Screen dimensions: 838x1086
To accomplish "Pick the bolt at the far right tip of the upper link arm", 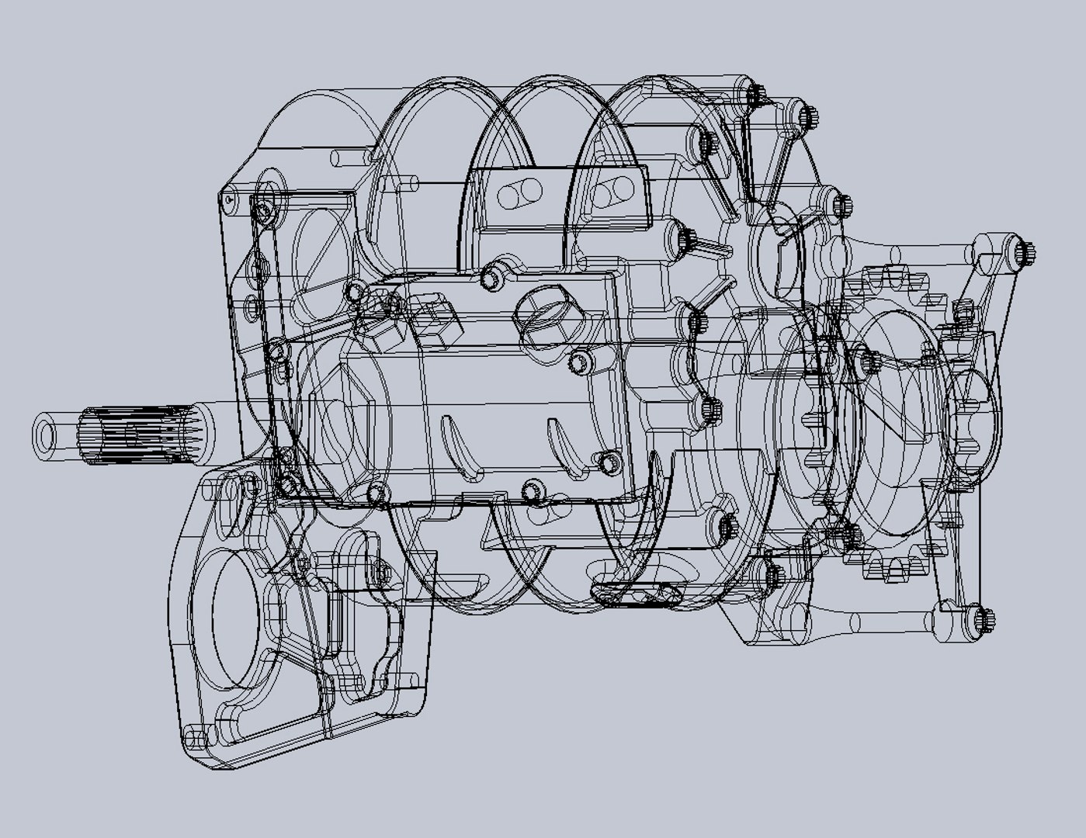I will pyautogui.click(x=1025, y=253).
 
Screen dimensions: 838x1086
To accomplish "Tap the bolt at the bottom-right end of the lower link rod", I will pyautogui.click(x=984, y=620).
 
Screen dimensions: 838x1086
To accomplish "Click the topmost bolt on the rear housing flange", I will pyautogui.click(x=755, y=95).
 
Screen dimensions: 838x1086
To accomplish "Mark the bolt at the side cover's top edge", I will pyautogui.click(x=491, y=277).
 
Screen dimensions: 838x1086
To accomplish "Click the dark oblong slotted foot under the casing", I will pyautogui.click(x=637, y=594).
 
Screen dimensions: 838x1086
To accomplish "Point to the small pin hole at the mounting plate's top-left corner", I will pyautogui.click(x=228, y=200).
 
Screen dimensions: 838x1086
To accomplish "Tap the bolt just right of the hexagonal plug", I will pyautogui.click(x=579, y=362).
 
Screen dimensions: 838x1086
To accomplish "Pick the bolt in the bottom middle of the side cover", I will pyautogui.click(x=533, y=491).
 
